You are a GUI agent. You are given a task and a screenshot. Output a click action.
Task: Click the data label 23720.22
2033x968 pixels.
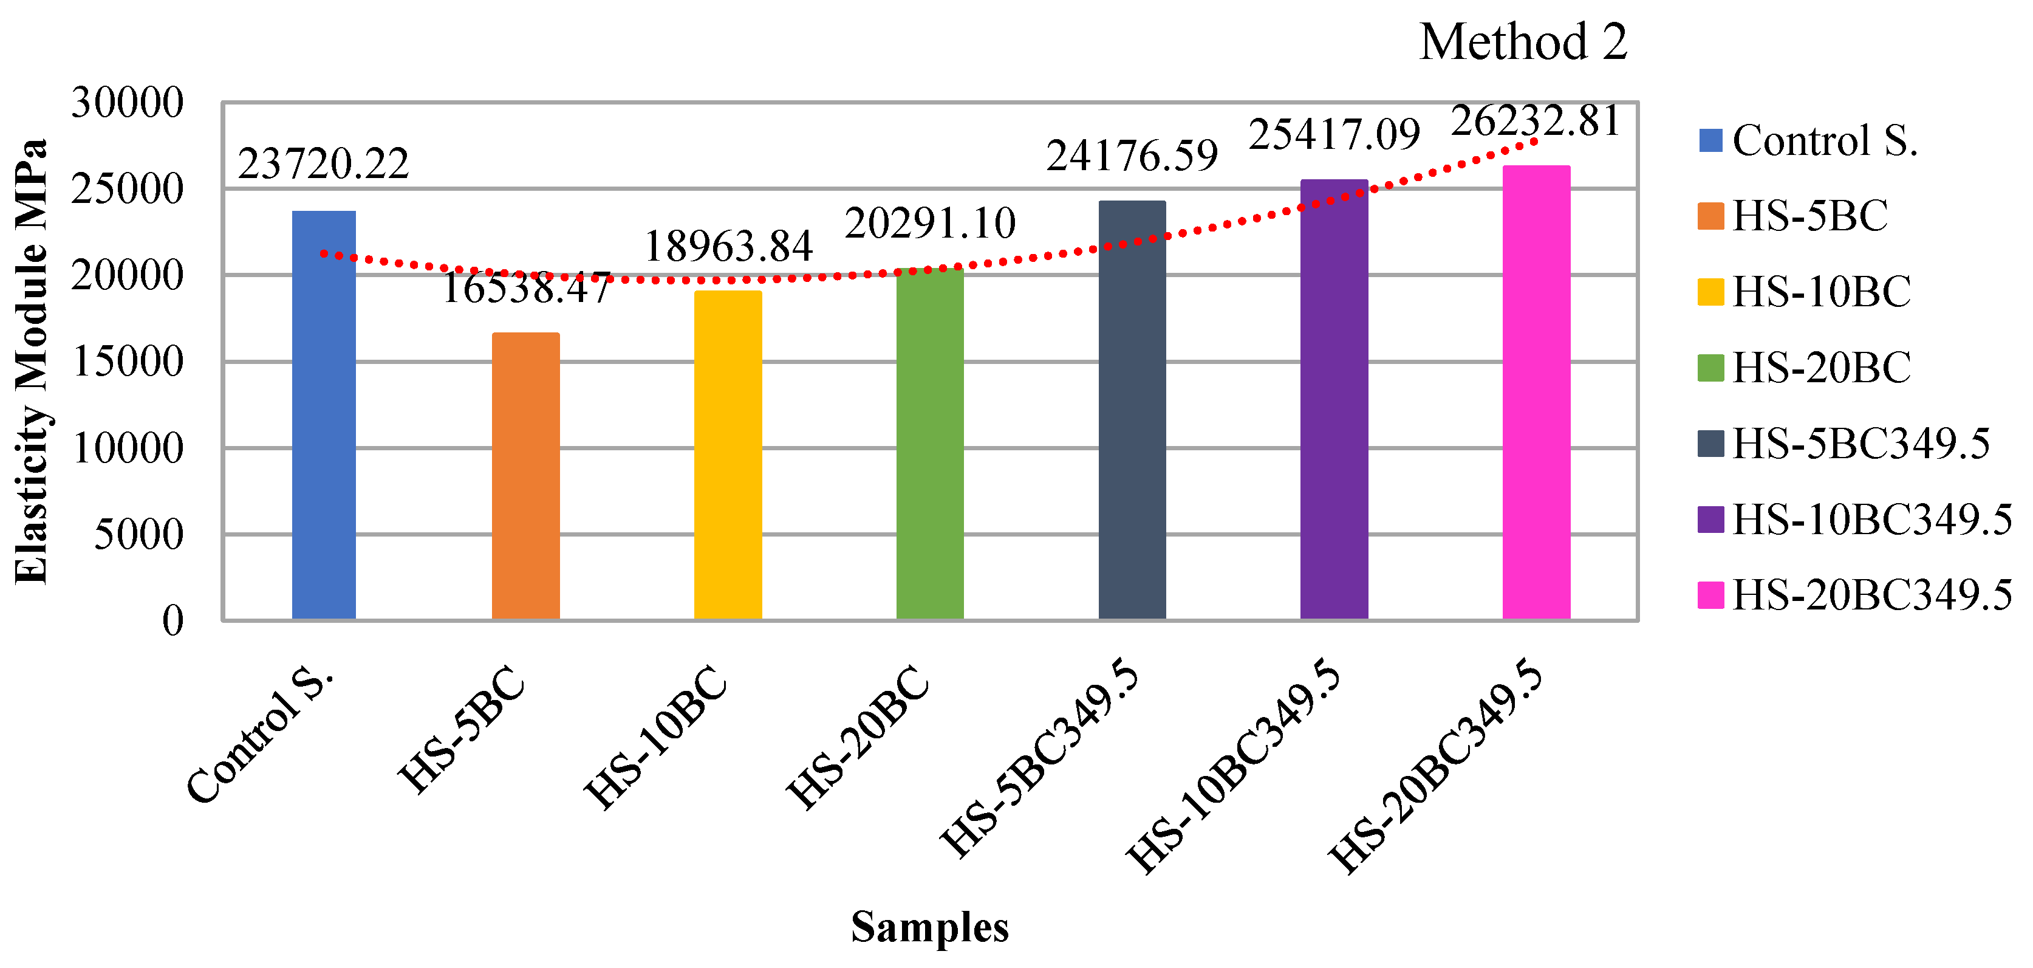(324, 164)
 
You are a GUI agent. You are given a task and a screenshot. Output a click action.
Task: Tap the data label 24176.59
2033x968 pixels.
(1132, 156)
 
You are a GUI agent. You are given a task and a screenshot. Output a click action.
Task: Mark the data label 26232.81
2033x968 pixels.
(1536, 122)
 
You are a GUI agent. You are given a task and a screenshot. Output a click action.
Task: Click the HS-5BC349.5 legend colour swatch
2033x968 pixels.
(1710, 444)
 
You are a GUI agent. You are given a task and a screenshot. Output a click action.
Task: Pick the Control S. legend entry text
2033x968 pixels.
(1825, 142)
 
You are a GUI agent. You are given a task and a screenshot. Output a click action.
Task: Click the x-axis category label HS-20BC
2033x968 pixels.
(859, 738)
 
